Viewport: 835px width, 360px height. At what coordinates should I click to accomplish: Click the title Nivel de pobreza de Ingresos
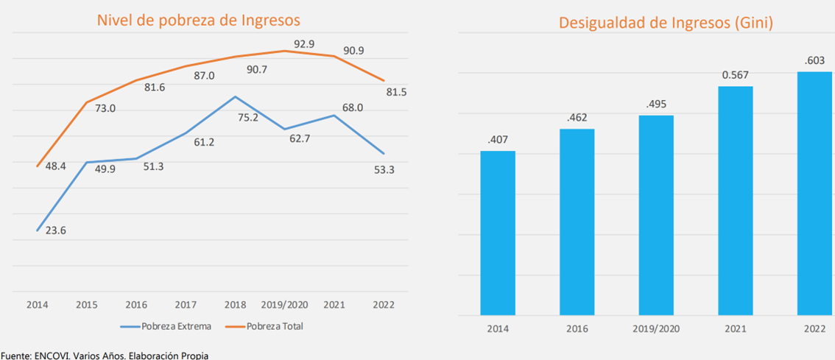pyautogui.click(x=199, y=20)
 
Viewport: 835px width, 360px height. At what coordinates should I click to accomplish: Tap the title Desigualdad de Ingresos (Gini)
pyautogui.click(x=665, y=23)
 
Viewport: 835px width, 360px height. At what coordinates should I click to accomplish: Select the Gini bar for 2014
pyautogui.click(x=498, y=233)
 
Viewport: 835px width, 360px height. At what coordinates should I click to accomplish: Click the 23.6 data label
pyautogui.click(x=56, y=230)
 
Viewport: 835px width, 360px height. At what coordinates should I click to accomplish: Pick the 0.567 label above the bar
pyautogui.click(x=734, y=75)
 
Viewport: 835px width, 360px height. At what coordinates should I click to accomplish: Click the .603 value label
pyautogui.click(x=814, y=60)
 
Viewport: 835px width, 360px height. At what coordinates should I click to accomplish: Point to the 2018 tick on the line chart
pyautogui.click(x=235, y=304)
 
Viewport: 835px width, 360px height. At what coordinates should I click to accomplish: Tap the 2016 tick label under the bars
pyautogui.click(x=577, y=328)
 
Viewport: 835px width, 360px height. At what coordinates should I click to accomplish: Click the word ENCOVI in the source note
pyautogui.click(x=52, y=356)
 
